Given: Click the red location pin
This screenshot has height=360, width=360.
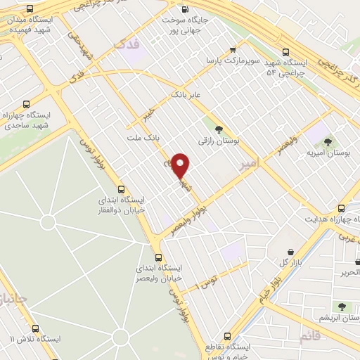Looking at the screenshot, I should (181, 165).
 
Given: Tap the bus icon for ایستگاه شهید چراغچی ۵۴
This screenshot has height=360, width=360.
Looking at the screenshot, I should (285, 52).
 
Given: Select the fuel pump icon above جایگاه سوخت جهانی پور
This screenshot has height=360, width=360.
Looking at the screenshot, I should (184, 10).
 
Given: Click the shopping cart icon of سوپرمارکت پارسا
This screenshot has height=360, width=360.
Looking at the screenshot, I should (232, 50).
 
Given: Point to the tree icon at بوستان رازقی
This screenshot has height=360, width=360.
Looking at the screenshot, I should (219, 129).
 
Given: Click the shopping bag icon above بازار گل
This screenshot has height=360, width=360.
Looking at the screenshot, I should (290, 250).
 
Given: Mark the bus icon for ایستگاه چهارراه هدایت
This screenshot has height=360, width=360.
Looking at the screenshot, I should (341, 208).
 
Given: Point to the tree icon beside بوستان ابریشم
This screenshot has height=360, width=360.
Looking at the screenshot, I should (342, 307).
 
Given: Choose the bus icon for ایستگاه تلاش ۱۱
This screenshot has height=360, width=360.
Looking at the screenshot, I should (35, 328).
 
